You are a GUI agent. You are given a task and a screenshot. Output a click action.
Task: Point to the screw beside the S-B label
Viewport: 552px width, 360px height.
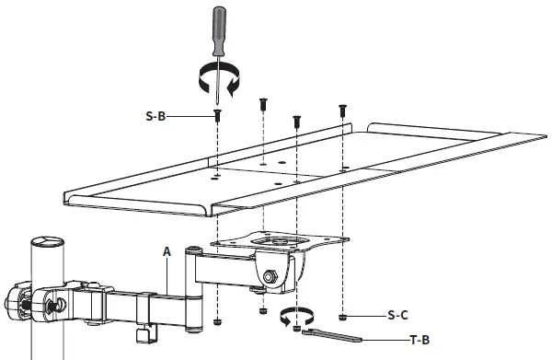pyautogui.click(x=218, y=116)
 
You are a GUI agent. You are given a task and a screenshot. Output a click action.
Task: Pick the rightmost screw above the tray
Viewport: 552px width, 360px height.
pyautogui.click(x=342, y=110)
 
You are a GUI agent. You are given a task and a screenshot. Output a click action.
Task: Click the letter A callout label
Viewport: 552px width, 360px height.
pyautogui.click(x=167, y=250)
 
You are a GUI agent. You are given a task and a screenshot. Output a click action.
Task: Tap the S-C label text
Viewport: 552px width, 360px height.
pyautogui.click(x=397, y=315)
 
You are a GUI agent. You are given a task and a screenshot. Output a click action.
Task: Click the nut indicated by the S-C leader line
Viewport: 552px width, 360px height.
pyautogui.click(x=343, y=316)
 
